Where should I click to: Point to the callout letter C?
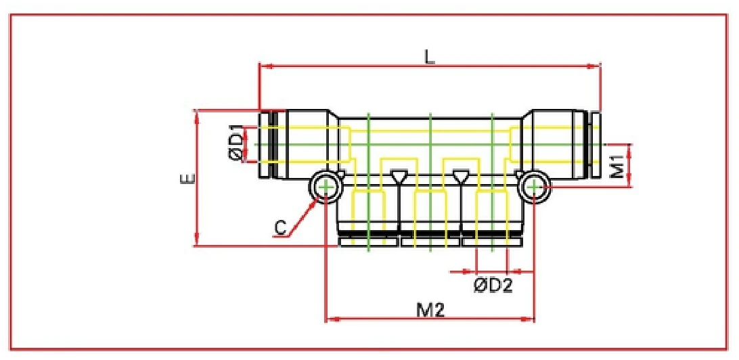click(x=281, y=229)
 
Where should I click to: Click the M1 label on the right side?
click(x=617, y=164)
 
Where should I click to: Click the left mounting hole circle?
click(x=326, y=186)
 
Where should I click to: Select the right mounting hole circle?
click(x=535, y=186)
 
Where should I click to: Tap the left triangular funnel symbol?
click(x=399, y=177)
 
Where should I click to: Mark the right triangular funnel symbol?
click(x=462, y=177)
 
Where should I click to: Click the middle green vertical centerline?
click(x=431, y=183)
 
